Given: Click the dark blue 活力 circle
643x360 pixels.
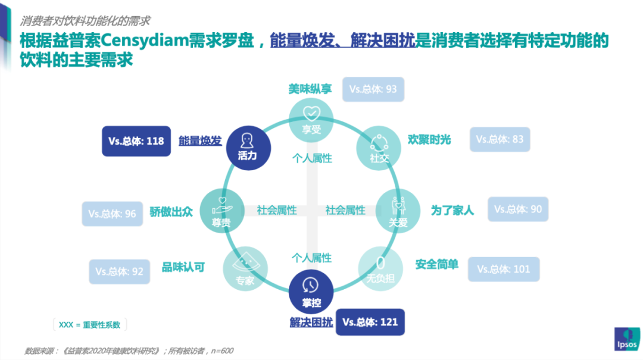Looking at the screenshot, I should pos(247,146).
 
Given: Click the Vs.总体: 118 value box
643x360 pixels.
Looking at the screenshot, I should pos(136,142).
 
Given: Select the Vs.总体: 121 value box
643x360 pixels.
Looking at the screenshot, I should pos(370,323).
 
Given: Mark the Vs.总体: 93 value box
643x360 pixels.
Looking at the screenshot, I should pos(373,90).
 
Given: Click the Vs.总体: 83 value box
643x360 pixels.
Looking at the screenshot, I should pos(500,140).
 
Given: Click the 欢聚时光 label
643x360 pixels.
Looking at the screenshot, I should pos(429,140).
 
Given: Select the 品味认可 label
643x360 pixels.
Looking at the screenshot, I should pos(183,268).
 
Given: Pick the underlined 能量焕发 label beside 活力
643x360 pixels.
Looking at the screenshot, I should pos(200,141).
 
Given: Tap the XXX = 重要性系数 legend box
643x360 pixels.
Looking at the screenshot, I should pos(90,325).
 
